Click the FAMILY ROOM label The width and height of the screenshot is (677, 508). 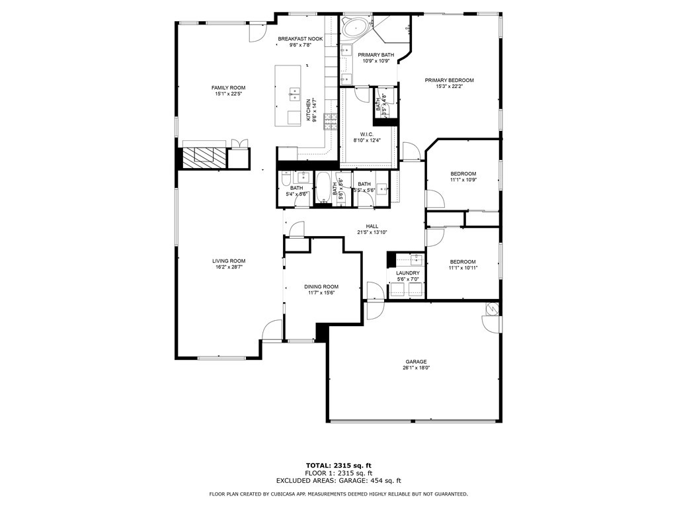[228, 88]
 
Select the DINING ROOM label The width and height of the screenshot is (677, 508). [321, 286]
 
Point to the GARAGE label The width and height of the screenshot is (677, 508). [416, 361]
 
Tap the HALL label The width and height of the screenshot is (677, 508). [372, 226]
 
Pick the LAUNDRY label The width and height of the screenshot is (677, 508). [407, 273]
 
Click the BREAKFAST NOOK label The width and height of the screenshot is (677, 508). [300, 39]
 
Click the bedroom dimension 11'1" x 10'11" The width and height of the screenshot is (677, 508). [463, 268]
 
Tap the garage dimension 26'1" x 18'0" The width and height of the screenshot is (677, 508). [416, 368]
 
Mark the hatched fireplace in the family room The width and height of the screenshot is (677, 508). [204, 157]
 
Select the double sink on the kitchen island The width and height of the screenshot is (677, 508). [295, 95]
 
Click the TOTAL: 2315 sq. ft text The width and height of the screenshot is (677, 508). [338, 465]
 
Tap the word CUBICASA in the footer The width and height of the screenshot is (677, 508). [299, 494]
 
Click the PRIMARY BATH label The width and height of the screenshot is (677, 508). [376, 54]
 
